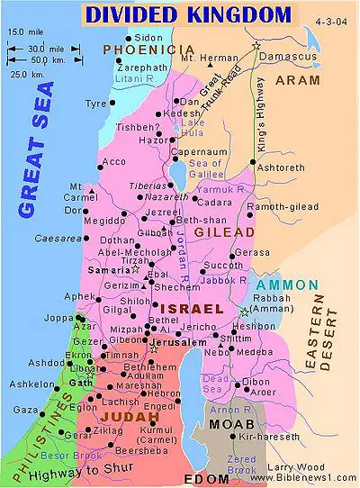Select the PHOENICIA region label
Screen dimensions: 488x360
point(138,50)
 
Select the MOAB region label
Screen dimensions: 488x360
point(229,423)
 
